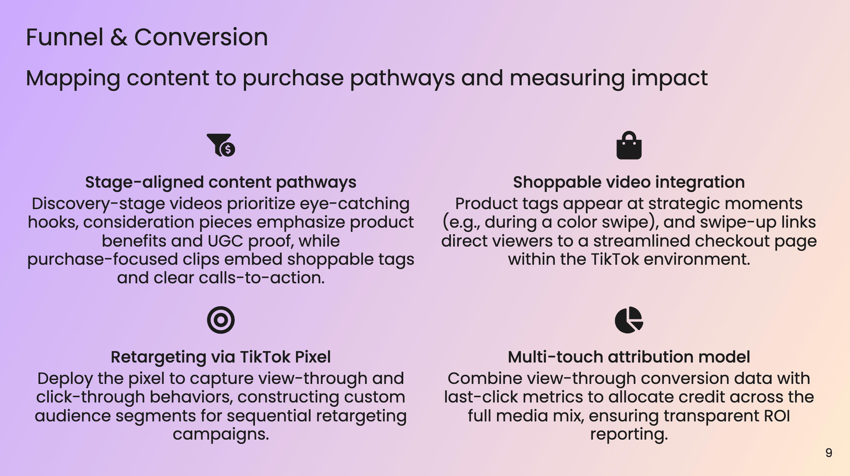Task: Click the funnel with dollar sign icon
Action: coord(221,145)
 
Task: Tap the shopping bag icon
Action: coord(629,145)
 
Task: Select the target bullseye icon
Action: coord(221,320)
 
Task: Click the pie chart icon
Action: coord(629,320)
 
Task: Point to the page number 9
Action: coord(829,453)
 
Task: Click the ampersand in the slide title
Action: coord(119,37)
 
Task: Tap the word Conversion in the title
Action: coord(201,37)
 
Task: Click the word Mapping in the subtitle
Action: coord(73,79)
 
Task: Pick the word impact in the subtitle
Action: coord(669,79)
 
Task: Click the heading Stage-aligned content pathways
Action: coord(221,182)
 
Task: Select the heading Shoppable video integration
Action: coord(629,182)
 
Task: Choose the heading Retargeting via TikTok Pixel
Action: coord(221,357)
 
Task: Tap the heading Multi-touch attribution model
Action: coord(629,357)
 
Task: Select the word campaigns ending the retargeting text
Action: coord(221,435)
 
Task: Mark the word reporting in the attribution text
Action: coord(629,435)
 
